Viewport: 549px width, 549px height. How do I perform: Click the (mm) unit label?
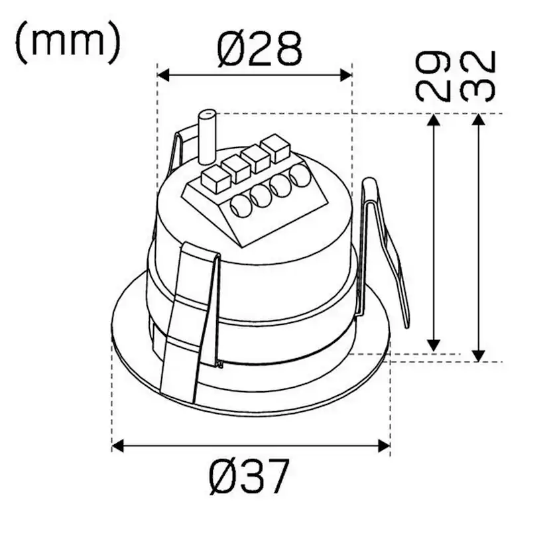(67, 42)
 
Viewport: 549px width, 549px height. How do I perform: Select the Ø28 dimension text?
(259, 48)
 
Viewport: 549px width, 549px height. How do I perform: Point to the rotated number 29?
(432, 78)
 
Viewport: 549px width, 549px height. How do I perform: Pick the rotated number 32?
(478, 76)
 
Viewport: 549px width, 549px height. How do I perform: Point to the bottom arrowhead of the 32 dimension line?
(479, 356)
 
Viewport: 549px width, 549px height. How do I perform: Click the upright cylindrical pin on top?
(207, 136)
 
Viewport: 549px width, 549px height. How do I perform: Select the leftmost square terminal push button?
(213, 178)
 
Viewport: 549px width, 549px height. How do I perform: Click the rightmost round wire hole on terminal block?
(300, 175)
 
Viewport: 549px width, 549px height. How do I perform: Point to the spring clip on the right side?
(383, 252)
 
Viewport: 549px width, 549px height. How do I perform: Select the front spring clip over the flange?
(191, 318)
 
